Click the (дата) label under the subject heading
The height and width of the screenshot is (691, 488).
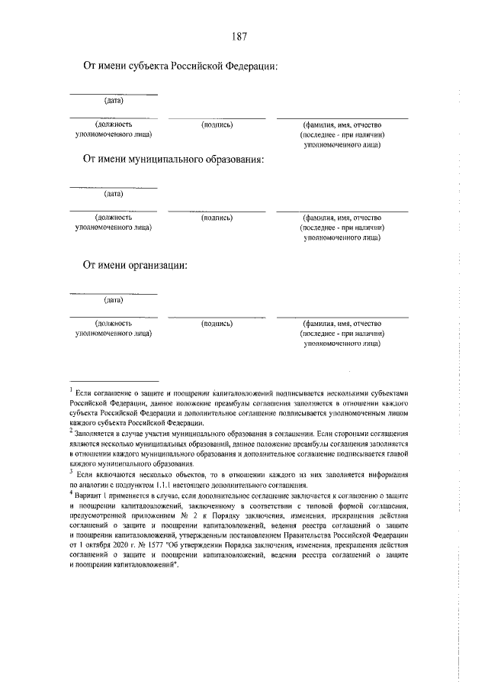114,100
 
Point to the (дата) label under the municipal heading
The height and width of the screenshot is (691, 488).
114,193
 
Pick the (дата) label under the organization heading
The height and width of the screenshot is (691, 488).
114,299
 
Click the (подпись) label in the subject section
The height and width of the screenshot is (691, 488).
217,124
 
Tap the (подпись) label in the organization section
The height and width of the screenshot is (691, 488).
217,323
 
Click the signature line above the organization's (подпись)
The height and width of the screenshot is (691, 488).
217,316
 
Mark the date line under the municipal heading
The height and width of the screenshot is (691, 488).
114,187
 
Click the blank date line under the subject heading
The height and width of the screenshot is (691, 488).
114,94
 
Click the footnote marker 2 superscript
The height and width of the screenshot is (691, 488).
71,429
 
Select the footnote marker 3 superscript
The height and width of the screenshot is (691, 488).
71,471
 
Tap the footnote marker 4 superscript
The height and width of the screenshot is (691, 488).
71,492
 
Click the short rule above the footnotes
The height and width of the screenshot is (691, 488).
114,379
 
